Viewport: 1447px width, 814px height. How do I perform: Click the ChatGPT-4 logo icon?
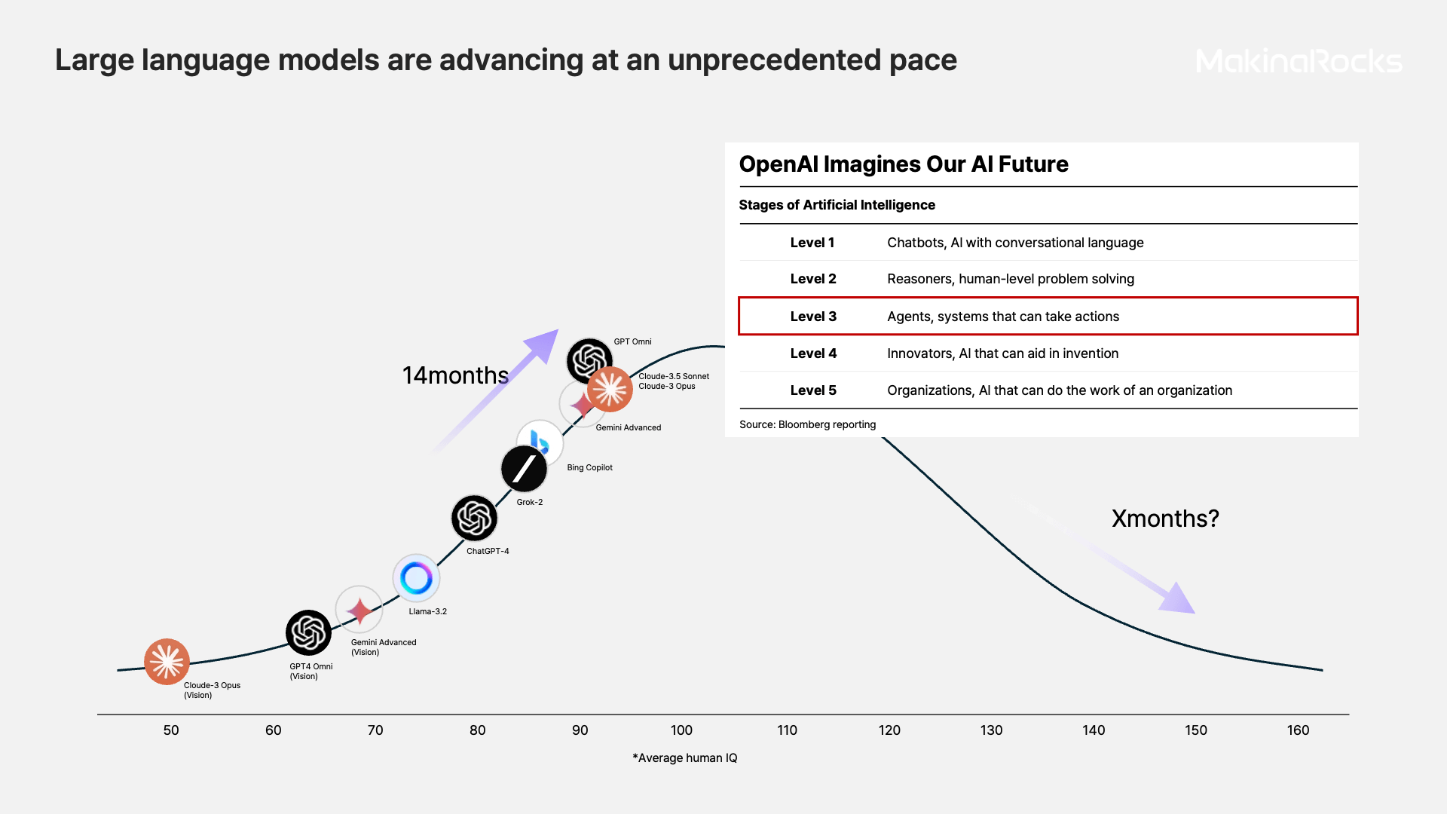(474, 518)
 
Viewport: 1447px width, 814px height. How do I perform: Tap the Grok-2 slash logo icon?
(524, 469)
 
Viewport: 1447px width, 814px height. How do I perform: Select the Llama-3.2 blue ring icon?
(416, 578)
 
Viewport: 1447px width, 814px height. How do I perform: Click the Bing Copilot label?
(589, 467)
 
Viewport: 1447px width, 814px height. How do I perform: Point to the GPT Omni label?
(632, 341)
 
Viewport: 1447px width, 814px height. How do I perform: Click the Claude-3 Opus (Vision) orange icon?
(167, 662)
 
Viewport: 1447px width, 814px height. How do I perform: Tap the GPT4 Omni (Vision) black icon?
(308, 632)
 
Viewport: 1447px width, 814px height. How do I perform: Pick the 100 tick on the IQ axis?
(681, 730)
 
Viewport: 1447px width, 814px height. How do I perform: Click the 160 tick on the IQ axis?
(1298, 730)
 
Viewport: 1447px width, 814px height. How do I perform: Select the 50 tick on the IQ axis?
(171, 730)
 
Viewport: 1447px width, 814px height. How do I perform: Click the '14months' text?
(455, 375)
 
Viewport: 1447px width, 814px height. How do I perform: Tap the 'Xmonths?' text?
(1165, 519)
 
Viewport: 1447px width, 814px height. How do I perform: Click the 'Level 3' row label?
(813, 317)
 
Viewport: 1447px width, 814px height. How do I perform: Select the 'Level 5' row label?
(813, 390)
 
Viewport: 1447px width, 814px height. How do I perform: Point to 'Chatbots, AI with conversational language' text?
(1015, 243)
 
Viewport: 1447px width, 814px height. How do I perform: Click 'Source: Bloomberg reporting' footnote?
(807, 424)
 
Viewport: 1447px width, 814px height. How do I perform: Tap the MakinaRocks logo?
(1299, 61)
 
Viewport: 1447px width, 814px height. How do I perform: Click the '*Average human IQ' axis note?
(684, 757)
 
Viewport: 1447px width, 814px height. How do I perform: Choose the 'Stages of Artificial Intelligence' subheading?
(837, 205)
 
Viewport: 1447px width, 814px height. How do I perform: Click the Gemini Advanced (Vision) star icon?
(359, 610)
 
